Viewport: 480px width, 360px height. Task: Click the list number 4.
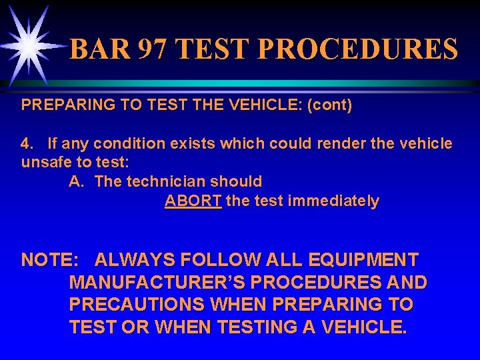pyautogui.click(x=27, y=143)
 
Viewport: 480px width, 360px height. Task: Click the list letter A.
pyautogui.click(x=76, y=181)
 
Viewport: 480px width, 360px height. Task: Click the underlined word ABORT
pyautogui.click(x=193, y=201)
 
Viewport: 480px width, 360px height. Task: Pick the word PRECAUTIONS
pyautogui.click(x=137, y=305)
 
